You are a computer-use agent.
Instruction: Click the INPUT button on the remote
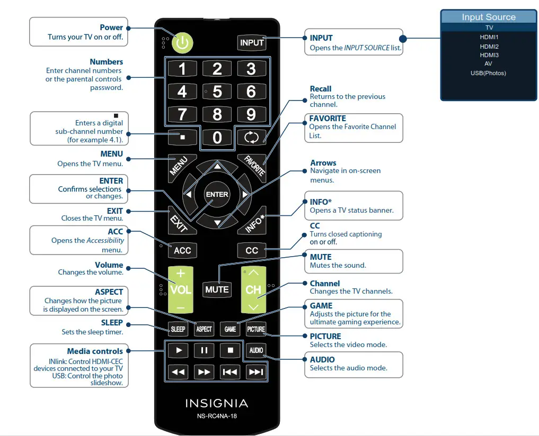(x=252, y=43)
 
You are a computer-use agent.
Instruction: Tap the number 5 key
(x=217, y=92)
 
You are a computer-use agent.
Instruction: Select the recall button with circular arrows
(x=251, y=138)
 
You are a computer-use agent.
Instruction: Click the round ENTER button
(x=217, y=195)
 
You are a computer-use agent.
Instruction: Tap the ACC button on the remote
(x=182, y=250)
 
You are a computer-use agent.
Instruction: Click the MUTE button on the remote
(x=217, y=289)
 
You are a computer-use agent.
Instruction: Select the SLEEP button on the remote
(x=178, y=329)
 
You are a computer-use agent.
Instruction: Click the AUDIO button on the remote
(x=256, y=350)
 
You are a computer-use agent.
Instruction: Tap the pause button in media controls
(x=204, y=350)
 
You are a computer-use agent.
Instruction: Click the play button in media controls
(x=179, y=350)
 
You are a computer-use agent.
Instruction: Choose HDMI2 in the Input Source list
(x=489, y=47)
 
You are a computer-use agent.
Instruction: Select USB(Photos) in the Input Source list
(x=489, y=73)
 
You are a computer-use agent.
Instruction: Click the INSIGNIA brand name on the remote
(x=217, y=403)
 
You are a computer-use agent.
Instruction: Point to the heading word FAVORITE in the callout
(x=328, y=119)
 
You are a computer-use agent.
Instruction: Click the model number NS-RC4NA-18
(x=217, y=416)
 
